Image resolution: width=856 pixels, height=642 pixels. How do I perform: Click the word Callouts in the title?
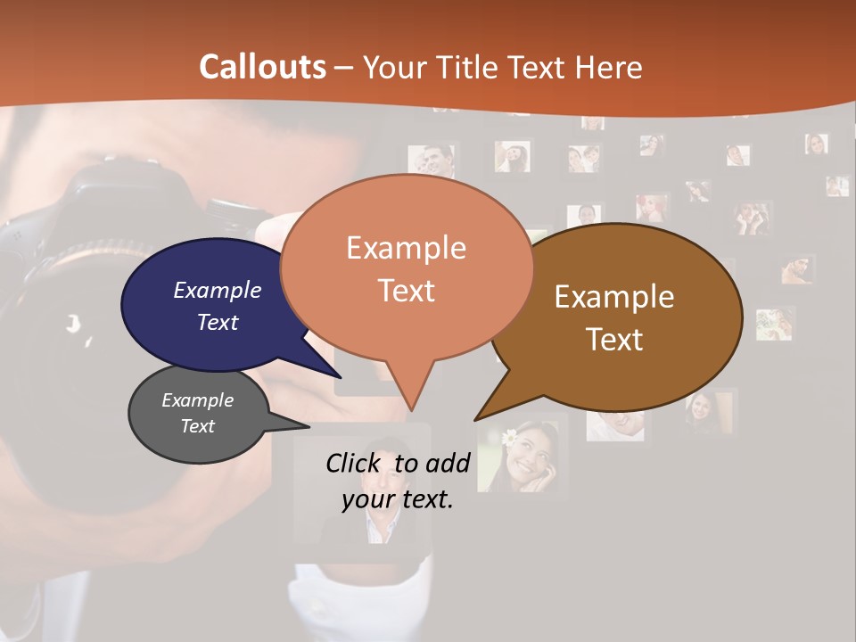(x=262, y=67)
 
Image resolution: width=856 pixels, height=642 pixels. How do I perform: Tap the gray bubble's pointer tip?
(x=307, y=427)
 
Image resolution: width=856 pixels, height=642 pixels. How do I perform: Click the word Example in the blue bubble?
(x=217, y=291)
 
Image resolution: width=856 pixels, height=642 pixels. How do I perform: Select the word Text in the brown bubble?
(x=614, y=340)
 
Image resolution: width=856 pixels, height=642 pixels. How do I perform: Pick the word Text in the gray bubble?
(x=197, y=426)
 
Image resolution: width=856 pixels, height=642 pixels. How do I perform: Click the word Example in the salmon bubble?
(x=406, y=248)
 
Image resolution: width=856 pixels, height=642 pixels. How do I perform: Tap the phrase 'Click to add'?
(x=398, y=463)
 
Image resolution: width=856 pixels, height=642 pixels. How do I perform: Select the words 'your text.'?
(x=398, y=498)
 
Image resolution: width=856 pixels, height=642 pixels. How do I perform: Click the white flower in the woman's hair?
(x=509, y=437)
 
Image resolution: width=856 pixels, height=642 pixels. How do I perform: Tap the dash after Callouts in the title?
(x=344, y=68)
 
